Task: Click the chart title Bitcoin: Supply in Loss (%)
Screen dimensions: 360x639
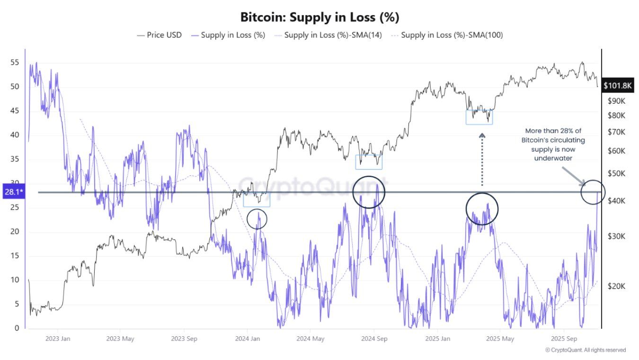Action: tap(319, 18)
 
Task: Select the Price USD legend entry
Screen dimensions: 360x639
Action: tap(159, 35)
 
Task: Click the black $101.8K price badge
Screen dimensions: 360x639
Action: tap(618, 86)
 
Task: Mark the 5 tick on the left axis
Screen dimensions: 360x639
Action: tap(17, 304)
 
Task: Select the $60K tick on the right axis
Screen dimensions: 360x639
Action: tap(616, 151)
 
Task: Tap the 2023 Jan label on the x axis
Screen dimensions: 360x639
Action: tap(58, 339)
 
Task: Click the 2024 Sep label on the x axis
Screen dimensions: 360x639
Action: tap(374, 339)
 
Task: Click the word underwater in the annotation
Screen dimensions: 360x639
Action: tap(553, 158)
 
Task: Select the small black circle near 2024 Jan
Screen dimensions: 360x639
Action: tap(257, 218)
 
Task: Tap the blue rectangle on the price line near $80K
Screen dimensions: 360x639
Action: tap(479, 117)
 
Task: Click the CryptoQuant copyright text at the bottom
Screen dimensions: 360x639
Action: tap(585, 350)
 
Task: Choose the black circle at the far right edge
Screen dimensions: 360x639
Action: tap(592, 192)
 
